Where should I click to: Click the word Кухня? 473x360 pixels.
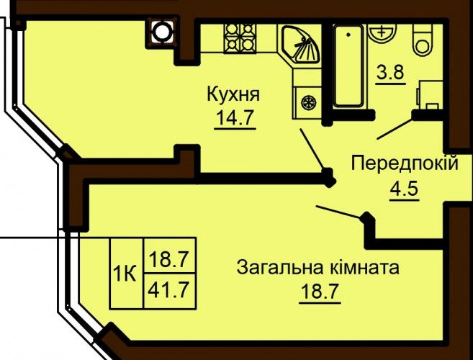coord(233,94)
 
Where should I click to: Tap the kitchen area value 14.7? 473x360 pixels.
coord(235,117)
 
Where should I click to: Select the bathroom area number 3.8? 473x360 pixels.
coord(390,73)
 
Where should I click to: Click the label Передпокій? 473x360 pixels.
coord(405,164)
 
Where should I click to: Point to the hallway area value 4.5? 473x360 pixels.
coord(404,189)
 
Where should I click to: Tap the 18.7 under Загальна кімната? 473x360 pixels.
coord(320,291)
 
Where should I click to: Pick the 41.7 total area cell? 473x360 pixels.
coord(170,291)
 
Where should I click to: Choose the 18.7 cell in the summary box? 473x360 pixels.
coord(170,256)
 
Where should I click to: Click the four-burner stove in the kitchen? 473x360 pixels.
coord(240,37)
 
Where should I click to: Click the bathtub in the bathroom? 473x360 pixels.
coord(348,66)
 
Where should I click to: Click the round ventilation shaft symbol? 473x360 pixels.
coord(162,32)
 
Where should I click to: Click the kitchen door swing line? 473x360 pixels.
coord(313,149)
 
